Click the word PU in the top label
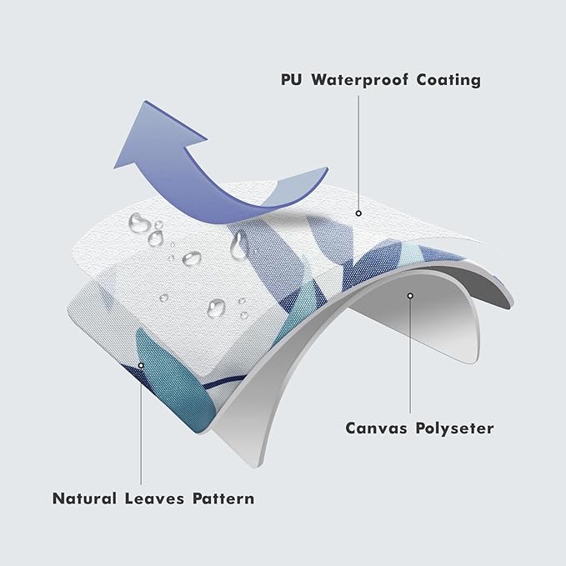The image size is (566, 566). point(291,79)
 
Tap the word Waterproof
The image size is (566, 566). point(360,80)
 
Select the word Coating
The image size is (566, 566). point(448,80)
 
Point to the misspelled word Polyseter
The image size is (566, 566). point(454,428)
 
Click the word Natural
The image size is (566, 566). point(84,498)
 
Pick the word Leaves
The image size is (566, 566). point(154,498)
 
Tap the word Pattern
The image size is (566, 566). point(223,498)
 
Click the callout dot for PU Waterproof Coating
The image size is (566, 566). point(358,213)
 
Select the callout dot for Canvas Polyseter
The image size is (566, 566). point(410,296)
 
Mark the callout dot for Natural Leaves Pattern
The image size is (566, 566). point(141,366)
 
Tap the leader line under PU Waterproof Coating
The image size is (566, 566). point(358,153)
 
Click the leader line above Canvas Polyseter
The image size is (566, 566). point(410,356)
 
